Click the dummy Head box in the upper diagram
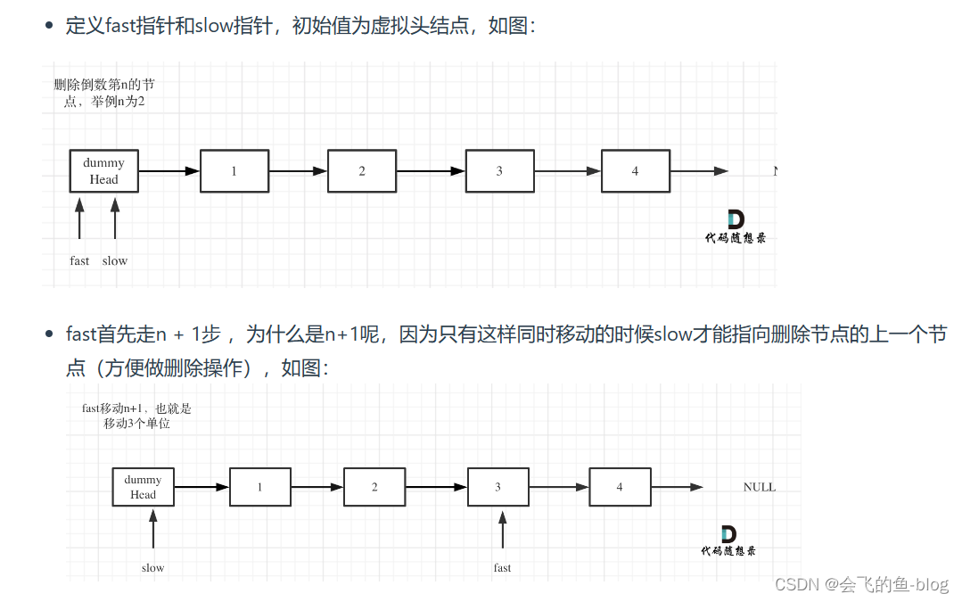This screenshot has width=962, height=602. [103, 171]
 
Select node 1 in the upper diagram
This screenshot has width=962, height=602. [234, 171]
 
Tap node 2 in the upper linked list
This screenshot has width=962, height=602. [361, 171]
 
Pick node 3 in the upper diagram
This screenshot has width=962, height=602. [498, 171]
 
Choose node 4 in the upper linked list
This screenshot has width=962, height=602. [635, 171]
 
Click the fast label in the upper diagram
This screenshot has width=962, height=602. [79, 261]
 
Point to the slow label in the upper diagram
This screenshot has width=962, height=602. [114, 261]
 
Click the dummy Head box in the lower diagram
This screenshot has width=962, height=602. [143, 487]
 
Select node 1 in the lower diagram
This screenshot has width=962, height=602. [260, 487]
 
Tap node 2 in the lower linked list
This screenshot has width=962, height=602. [374, 487]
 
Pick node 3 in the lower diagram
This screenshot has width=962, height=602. [497, 487]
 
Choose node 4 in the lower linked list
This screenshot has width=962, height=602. [620, 487]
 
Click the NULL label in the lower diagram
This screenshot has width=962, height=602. [759, 487]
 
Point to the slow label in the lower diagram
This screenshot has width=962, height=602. [152, 567]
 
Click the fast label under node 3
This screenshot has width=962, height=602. [502, 567]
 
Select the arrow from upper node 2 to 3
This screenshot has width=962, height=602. [431, 171]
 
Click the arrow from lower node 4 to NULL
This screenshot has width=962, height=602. [677, 487]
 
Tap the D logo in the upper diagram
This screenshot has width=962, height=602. [736, 219]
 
